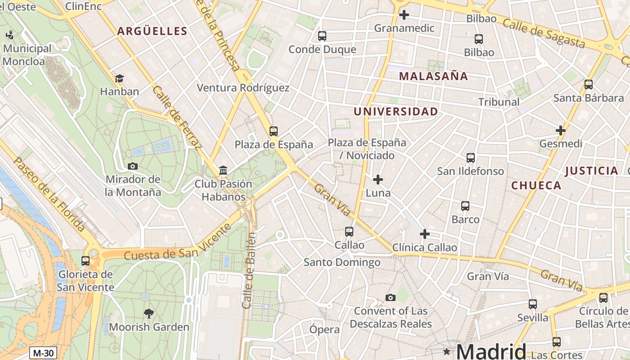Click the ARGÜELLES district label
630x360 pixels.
point(152,31)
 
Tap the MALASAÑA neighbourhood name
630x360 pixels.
point(433,76)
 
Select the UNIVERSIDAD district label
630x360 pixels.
point(396,112)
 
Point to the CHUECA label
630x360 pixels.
point(536,185)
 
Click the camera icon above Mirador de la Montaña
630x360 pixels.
point(132,166)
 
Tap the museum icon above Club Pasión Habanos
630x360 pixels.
point(223,170)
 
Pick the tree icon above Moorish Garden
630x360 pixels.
point(148,313)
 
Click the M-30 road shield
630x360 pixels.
point(43,353)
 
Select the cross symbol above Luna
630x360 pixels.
point(378,180)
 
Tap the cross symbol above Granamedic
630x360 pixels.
point(404,15)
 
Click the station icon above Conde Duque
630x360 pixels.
point(322,36)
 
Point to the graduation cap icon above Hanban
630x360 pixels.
point(119,78)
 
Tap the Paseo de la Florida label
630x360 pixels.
point(49,193)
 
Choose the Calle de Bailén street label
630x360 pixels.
point(249,270)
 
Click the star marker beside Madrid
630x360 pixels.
point(446,351)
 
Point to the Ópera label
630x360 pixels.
point(324,329)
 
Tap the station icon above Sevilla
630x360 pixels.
point(533,304)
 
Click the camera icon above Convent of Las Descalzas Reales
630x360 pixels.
point(391,297)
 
